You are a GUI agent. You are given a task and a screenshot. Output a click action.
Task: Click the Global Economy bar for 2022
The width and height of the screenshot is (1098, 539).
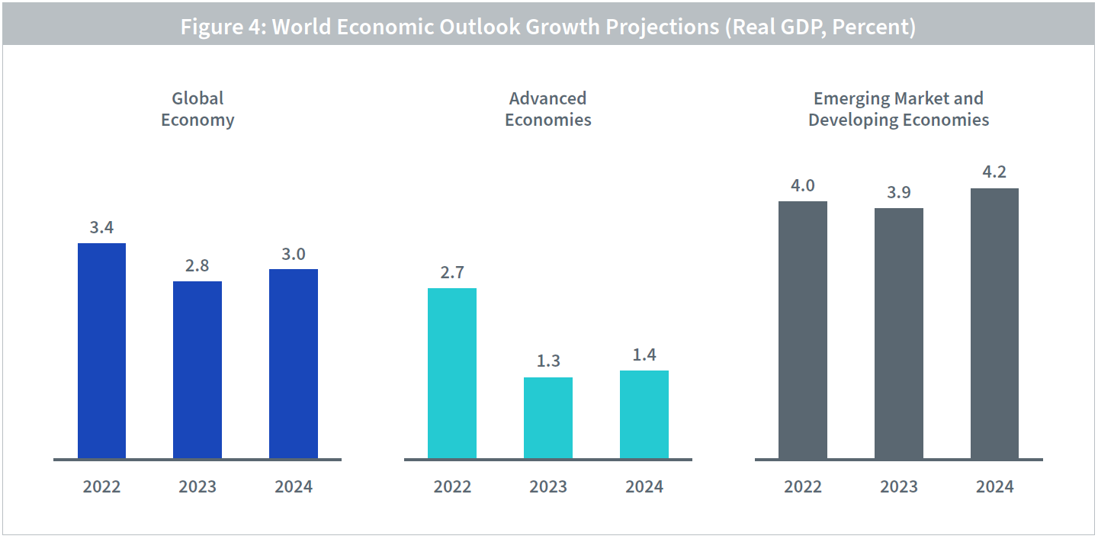(x=101, y=351)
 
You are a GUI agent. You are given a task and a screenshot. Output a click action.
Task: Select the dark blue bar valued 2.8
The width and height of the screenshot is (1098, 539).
(x=197, y=370)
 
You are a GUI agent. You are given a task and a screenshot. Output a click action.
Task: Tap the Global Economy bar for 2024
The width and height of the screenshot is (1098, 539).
(x=294, y=364)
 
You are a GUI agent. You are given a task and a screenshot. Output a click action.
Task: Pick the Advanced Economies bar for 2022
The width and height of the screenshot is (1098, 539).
(x=452, y=374)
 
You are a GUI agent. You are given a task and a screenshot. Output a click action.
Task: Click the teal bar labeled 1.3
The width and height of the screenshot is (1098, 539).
(x=548, y=418)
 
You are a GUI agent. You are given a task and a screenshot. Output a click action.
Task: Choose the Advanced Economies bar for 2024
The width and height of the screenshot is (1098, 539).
(x=644, y=415)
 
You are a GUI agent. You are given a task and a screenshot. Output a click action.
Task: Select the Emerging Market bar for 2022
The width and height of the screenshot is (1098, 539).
(x=803, y=330)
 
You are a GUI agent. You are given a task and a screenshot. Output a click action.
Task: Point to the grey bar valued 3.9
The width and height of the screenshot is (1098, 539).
(x=899, y=333)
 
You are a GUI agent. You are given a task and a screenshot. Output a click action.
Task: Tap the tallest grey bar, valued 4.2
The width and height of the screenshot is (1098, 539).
(x=994, y=323)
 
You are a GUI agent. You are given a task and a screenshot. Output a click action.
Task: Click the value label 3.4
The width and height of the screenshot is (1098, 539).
(x=101, y=227)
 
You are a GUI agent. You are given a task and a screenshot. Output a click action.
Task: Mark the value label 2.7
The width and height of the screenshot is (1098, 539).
(x=452, y=272)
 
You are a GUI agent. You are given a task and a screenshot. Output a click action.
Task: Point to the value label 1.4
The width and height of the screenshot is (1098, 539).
(x=644, y=355)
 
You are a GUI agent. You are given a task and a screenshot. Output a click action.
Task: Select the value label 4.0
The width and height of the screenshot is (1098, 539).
(x=803, y=185)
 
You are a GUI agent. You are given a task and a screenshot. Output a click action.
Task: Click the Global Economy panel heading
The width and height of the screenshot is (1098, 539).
(x=197, y=109)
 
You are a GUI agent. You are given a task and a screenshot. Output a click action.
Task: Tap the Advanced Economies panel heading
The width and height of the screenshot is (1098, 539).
(x=548, y=109)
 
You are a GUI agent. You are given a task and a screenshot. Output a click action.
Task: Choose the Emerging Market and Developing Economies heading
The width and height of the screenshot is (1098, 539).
(x=899, y=109)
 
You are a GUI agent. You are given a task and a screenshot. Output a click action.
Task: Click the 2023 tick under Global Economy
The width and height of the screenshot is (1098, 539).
(x=197, y=486)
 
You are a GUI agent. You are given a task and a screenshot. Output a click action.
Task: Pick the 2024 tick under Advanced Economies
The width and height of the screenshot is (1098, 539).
(x=644, y=486)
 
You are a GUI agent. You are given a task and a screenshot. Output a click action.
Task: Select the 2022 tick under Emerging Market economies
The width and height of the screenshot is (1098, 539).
(x=803, y=486)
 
